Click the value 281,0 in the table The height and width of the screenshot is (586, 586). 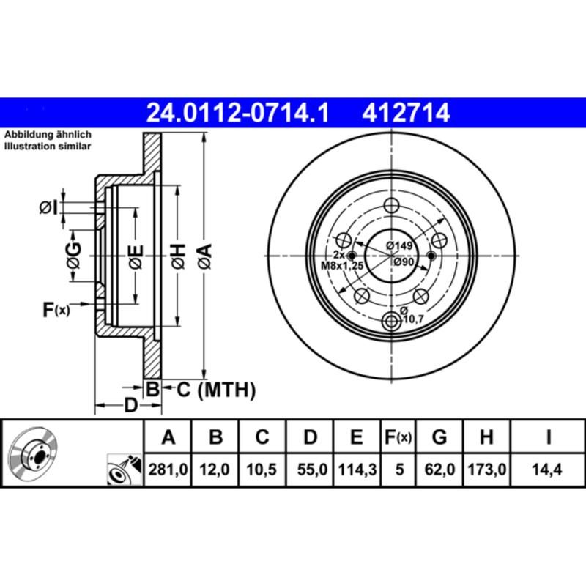click(168, 470)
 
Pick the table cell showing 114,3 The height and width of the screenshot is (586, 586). click(355, 470)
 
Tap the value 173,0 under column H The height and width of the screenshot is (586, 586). click(486, 470)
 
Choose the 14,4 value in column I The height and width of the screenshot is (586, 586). click(548, 470)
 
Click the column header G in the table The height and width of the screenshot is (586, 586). click(439, 438)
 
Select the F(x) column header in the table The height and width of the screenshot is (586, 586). click(399, 438)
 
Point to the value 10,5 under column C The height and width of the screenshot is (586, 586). click(262, 470)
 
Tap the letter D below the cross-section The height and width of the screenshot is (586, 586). click(130, 405)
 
